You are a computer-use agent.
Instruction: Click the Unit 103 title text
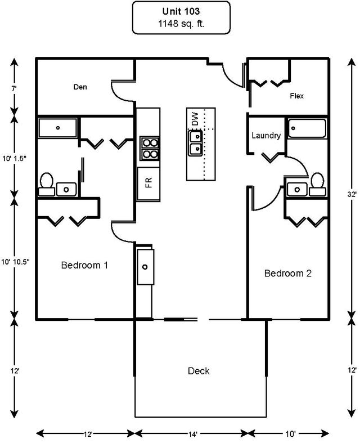[x=181, y=11]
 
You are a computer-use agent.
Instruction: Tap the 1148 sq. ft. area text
[x=181, y=24]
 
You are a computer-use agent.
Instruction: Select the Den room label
[x=80, y=87]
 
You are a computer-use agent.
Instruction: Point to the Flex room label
[x=297, y=96]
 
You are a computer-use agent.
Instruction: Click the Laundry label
[x=266, y=136]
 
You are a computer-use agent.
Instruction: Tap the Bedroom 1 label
[x=84, y=265]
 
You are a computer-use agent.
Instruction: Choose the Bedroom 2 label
[x=287, y=274]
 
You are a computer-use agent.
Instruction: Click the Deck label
[x=199, y=371]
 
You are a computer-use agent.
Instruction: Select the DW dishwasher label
[x=195, y=119]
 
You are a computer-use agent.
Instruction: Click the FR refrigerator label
[x=148, y=182]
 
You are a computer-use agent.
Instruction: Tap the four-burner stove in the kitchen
[x=150, y=149]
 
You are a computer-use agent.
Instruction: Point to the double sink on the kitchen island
[x=195, y=142]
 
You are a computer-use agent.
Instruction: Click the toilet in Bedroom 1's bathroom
[x=47, y=184]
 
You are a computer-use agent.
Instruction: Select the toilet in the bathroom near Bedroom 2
[x=317, y=184]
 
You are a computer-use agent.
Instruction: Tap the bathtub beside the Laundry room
[x=307, y=128]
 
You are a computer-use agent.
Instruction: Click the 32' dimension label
[x=352, y=194]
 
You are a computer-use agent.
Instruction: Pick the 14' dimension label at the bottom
[x=192, y=433]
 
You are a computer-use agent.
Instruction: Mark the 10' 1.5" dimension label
[x=14, y=159]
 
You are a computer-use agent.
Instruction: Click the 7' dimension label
[x=14, y=88]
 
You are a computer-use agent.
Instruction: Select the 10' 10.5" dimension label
[x=15, y=262]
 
